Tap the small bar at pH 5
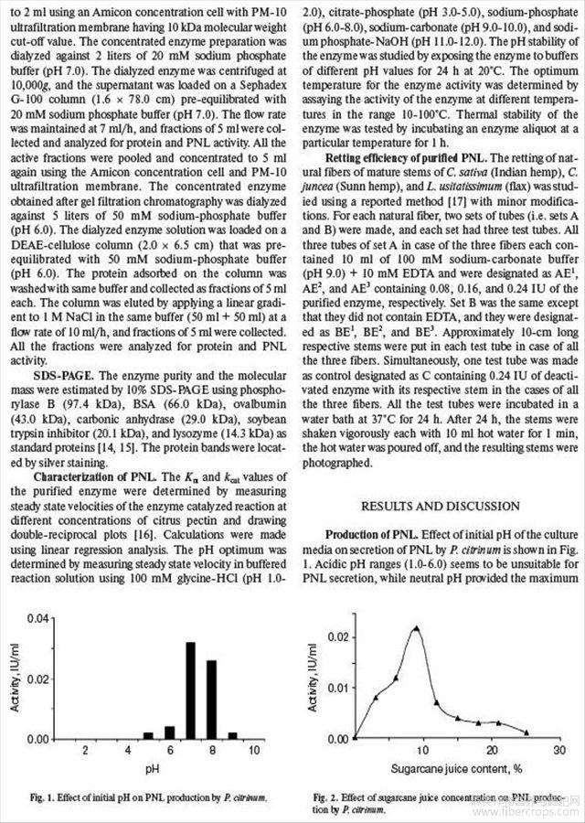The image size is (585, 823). click(x=148, y=735)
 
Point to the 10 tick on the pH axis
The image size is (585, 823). click(x=254, y=750)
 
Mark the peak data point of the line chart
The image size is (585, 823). click(x=417, y=628)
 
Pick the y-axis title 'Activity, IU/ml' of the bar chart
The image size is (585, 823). click(x=15, y=681)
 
